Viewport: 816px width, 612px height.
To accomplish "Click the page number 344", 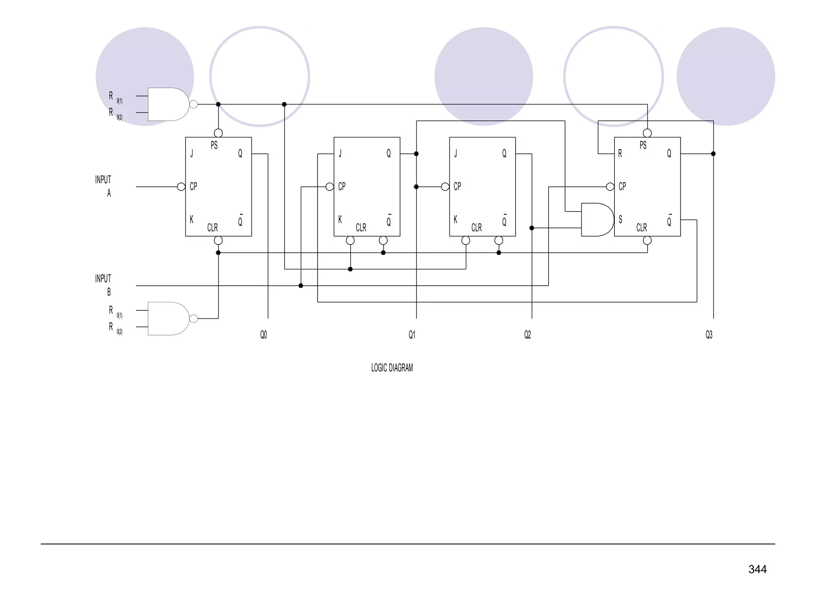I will (757, 569).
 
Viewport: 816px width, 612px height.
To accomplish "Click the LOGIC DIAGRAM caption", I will (392, 368).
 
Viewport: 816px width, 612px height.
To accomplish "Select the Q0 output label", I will (263, 335).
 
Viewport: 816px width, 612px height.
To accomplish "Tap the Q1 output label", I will (412, 335).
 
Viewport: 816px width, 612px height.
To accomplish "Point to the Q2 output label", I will (528, 335).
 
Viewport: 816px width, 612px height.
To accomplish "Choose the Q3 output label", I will (709, 335).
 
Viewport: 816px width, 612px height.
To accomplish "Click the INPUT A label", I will (103, 186).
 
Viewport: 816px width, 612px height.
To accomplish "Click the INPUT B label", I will (103, 285).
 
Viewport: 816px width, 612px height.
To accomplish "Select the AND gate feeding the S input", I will (596, 220).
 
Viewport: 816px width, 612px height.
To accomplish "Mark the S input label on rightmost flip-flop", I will (620, 220).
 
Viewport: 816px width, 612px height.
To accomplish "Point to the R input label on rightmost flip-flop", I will (620, 153).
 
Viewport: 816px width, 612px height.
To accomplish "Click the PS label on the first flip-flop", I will (214, 145).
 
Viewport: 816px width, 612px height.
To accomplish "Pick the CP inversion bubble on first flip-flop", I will (181, 187).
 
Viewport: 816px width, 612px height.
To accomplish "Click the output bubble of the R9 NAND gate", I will (194, 104).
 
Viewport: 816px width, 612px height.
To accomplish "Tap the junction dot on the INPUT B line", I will (301, 286).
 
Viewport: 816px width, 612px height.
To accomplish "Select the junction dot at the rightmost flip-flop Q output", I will (713, 154).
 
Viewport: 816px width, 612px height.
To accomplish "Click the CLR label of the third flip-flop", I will (477, 228).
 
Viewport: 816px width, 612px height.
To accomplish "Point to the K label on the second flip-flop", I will (340, 220).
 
